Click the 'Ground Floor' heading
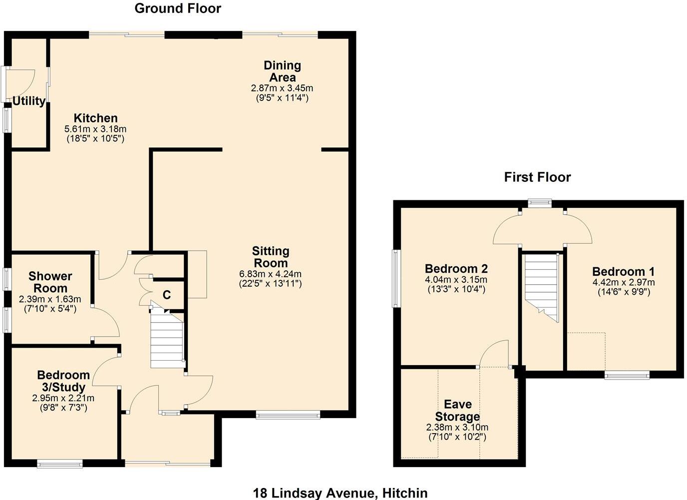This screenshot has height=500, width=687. (178, 8)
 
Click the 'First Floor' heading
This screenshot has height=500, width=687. (537, 177)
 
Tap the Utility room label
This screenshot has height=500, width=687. (29, 101)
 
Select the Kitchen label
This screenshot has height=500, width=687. (95, 118)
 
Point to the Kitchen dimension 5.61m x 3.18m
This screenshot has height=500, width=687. (95, 129)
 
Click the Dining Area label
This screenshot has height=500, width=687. (282, 71)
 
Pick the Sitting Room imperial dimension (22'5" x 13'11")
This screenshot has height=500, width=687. (270, 284)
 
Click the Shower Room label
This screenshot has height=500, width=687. (50, 282)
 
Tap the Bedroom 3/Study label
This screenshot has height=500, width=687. (63, 381)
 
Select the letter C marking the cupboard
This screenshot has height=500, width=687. (167, 295)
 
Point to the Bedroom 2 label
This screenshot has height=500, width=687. (456, 269)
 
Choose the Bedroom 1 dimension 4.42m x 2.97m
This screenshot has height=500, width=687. (623, 282)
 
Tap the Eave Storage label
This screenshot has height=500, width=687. (457, 411)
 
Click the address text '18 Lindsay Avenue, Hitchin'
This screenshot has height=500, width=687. (340, 493)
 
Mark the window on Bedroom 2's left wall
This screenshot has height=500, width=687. (395, 278)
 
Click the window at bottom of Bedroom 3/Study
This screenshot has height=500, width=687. (60, 464)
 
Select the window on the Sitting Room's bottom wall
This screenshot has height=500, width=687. (288, 414)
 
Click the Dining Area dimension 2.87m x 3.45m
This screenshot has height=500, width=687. (282, 88)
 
